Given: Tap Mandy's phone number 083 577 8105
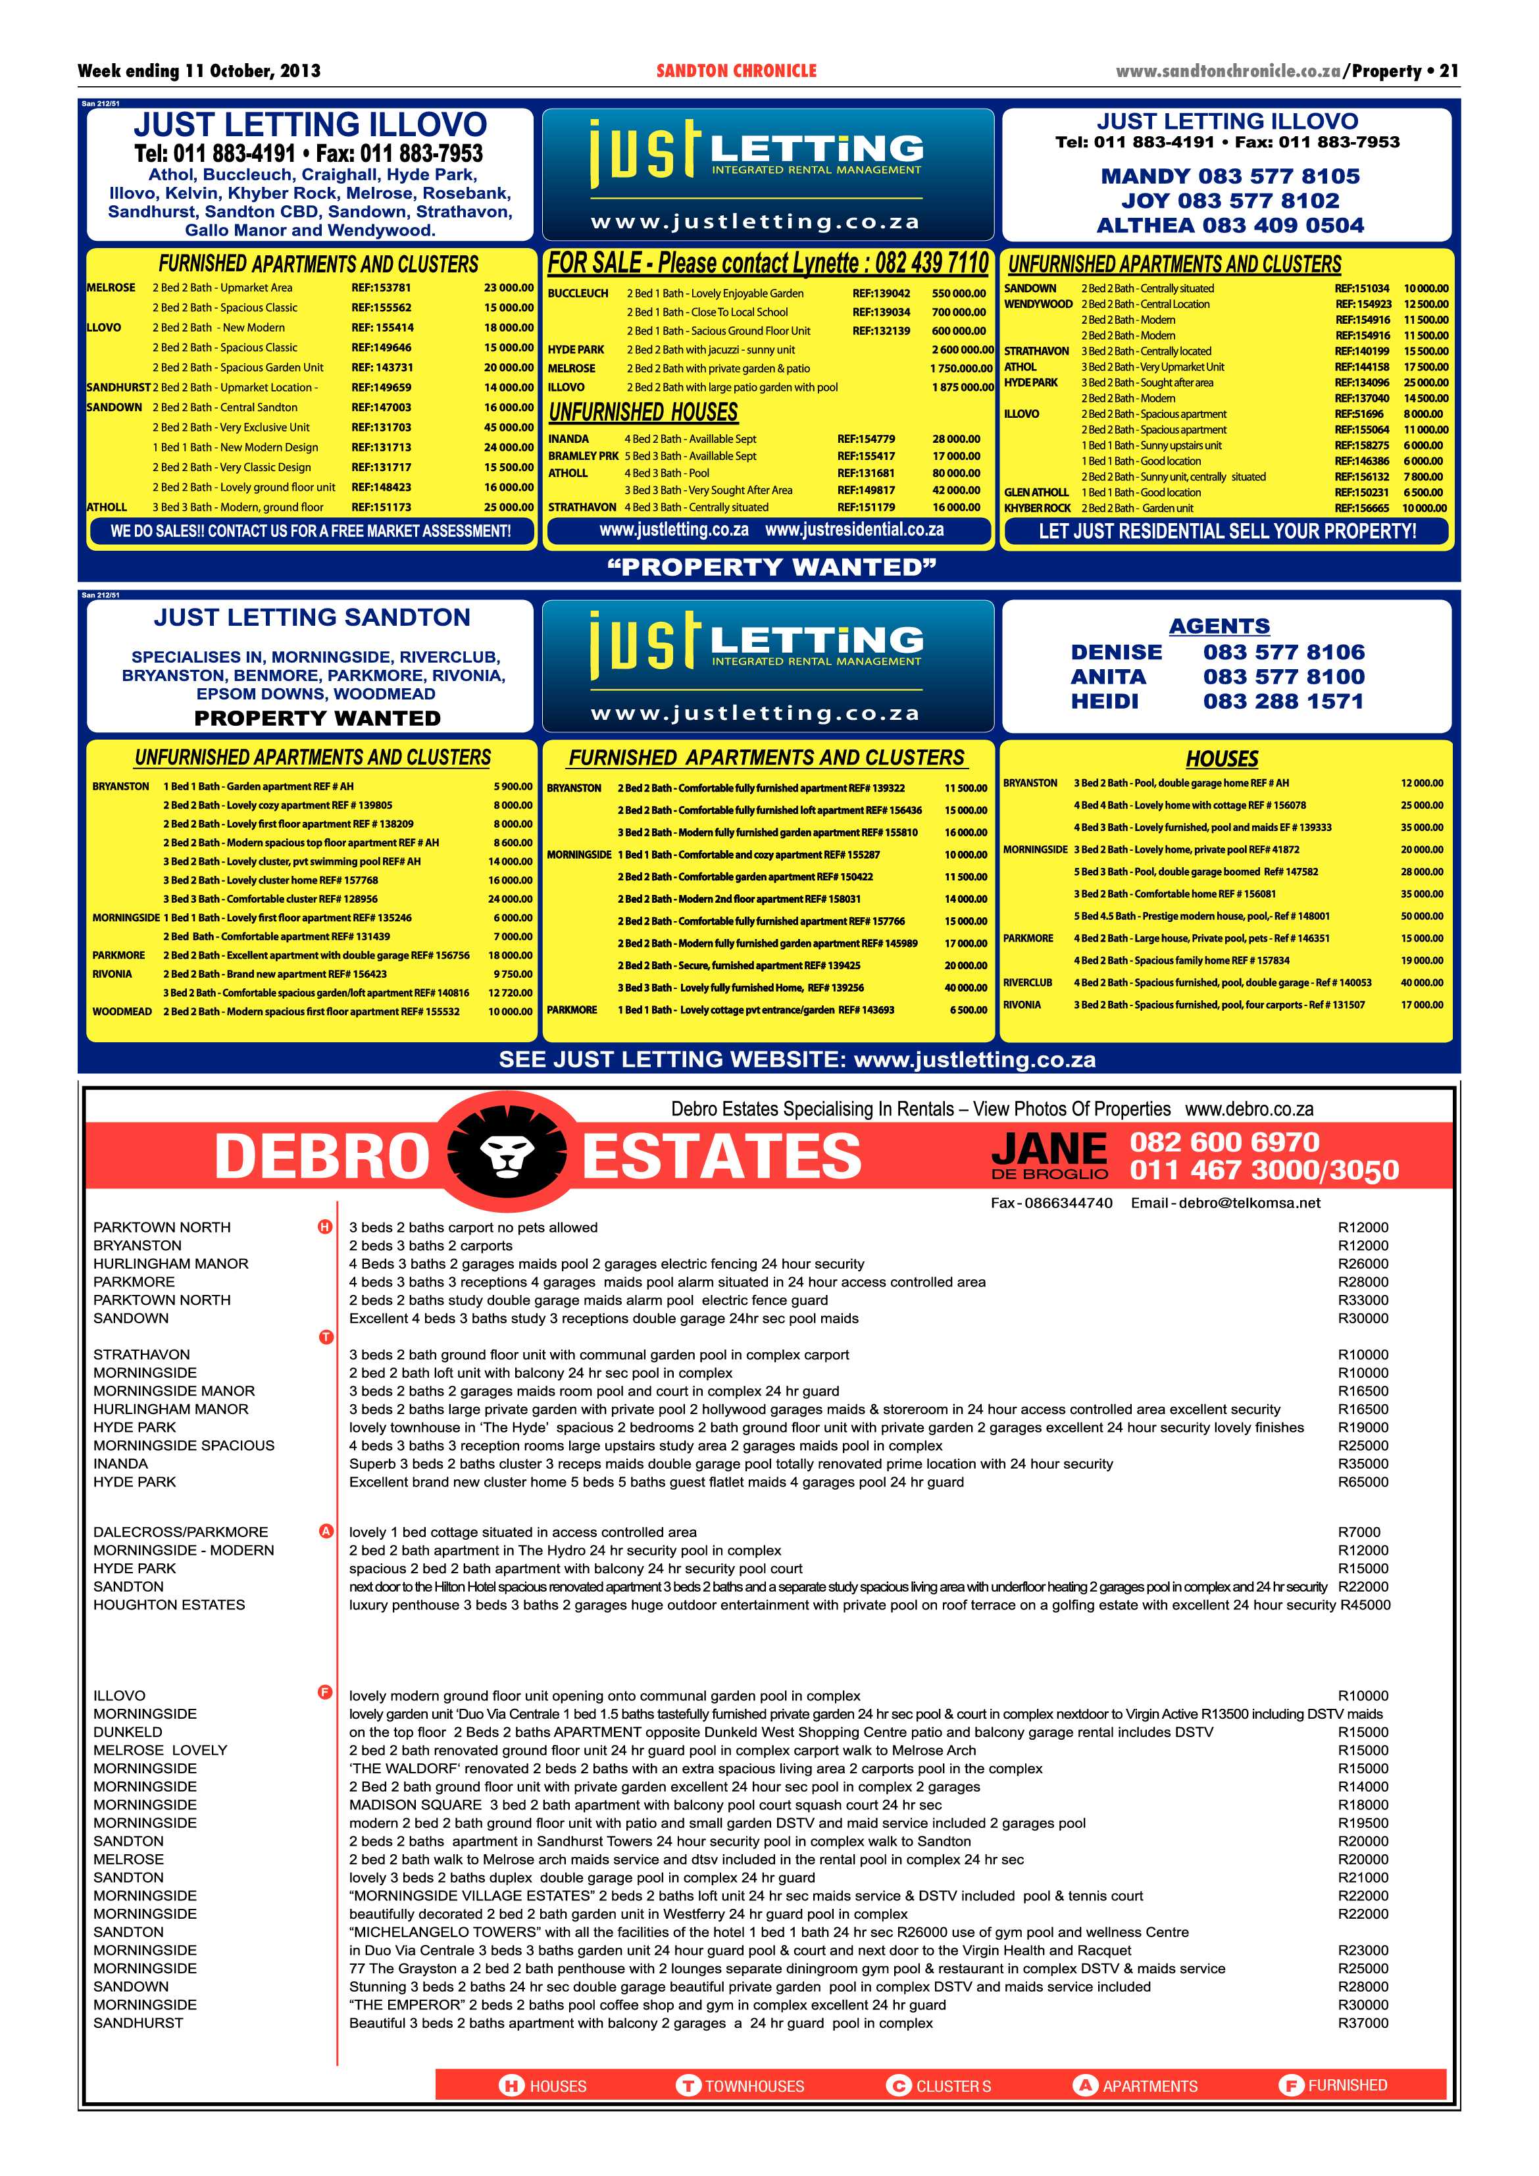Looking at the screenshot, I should [1230, 176].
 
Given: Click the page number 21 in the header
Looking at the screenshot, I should [1449, 71].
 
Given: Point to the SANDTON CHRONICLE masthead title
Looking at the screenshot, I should [736, 71].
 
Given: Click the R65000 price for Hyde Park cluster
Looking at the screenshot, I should [1362, 1482].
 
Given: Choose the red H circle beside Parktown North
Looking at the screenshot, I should [325, 1227].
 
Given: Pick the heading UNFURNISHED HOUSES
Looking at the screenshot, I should [643, 413].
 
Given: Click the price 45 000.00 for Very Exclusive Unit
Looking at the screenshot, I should [508, 428].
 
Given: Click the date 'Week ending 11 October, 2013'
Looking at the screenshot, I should [199, 71].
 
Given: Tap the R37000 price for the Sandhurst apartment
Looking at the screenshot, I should [1362, 2023].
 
